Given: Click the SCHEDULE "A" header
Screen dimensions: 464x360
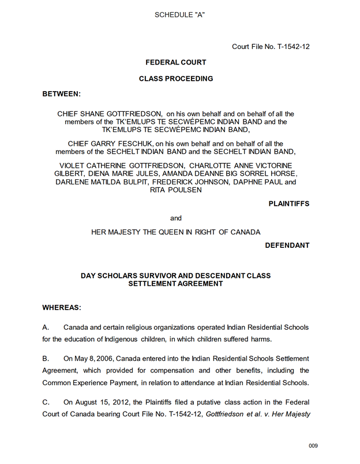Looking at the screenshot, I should coord(179,14).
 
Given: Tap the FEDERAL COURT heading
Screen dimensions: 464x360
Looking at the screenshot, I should coord(175,62).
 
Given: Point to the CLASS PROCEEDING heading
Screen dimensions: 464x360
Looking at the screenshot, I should coord(176,78).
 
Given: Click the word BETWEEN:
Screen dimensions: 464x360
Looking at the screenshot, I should coord(62,93).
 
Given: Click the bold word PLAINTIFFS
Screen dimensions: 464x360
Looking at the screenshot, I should coord(288,203).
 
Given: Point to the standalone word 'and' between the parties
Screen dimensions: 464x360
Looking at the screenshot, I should coord(176,218).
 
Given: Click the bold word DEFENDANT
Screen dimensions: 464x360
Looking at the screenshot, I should coord(287,245).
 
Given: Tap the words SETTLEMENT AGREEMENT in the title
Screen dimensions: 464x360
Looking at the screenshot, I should coord(175,284).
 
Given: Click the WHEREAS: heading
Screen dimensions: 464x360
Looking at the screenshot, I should coord(62,308).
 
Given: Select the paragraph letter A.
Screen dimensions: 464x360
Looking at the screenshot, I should coord(46,327).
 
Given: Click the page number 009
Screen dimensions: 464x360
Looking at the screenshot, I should coord(313,446).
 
